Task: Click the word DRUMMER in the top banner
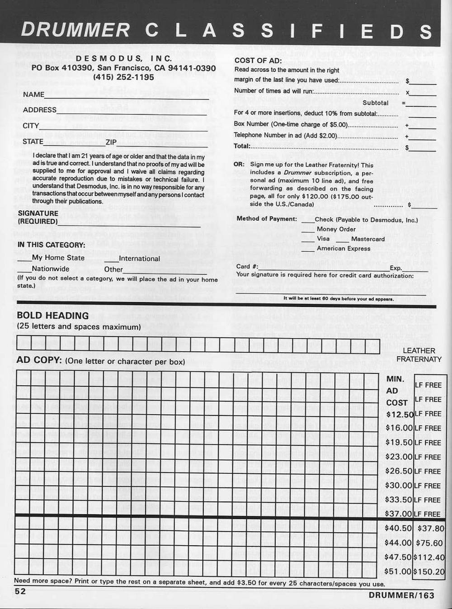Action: point(75,30)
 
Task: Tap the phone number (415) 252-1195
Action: point(123,77)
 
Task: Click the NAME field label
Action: point(34,94)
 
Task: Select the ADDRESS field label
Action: point(40,110)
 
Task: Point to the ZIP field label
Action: point(111,142)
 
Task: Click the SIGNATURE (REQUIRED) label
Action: point(38,217)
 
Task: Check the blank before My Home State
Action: point(24,261)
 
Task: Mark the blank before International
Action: point(111,262)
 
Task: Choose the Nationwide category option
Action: point(51,269)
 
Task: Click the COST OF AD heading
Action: point(258,61)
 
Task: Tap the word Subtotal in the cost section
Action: point(375,103)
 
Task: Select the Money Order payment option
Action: point(336,229)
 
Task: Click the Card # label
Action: point(247,266)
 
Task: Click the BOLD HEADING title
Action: point(53,316)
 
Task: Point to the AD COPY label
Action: point(39,360)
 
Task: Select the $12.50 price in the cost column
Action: point(400,414)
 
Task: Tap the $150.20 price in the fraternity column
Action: point(430,571)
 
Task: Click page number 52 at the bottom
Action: point(20,591)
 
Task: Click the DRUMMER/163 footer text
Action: point(401,595)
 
